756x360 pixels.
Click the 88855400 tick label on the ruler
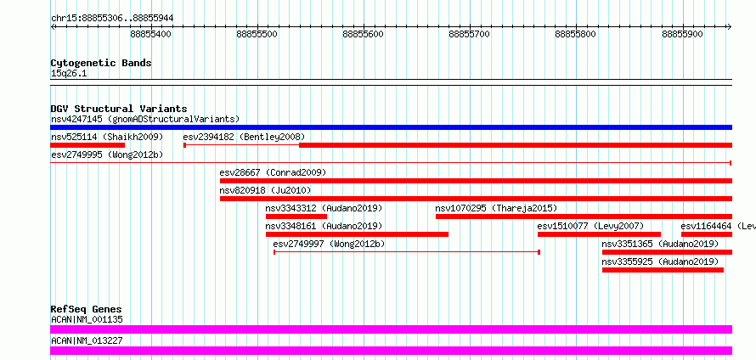click(x=151, y=34)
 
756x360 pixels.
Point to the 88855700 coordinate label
click(x=470, y=34)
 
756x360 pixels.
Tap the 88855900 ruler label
click(x=682, y=34)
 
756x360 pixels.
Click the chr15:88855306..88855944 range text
click(x=112, y=19)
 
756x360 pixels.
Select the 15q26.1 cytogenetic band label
click(x=69, y=74)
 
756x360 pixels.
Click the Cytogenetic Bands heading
click(x=101, y=63)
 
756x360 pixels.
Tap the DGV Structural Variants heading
click(x=119, y=109)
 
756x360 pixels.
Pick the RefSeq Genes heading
click(x=87, y=309)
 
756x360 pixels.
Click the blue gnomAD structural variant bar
click(x=391, y=127)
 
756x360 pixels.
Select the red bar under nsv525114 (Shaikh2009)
click(x=87, y=145)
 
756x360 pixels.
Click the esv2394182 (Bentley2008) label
click(x=244, y=137)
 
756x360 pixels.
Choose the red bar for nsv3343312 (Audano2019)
click(x=296, y=217)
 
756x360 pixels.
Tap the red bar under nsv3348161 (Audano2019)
click(x=357, y=234)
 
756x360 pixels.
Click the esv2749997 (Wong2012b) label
click(x=330, y=244)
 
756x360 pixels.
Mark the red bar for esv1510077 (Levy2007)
click(x=599, y=234)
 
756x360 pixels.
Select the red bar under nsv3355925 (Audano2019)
click(x=663, y=270)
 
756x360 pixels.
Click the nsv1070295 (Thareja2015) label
click(x=496, y=208)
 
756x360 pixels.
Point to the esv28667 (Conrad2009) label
click(x=273, y=172)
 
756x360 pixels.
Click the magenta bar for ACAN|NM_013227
click(x=391, y=351)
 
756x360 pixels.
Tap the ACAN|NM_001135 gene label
click(x=87, y=319)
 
